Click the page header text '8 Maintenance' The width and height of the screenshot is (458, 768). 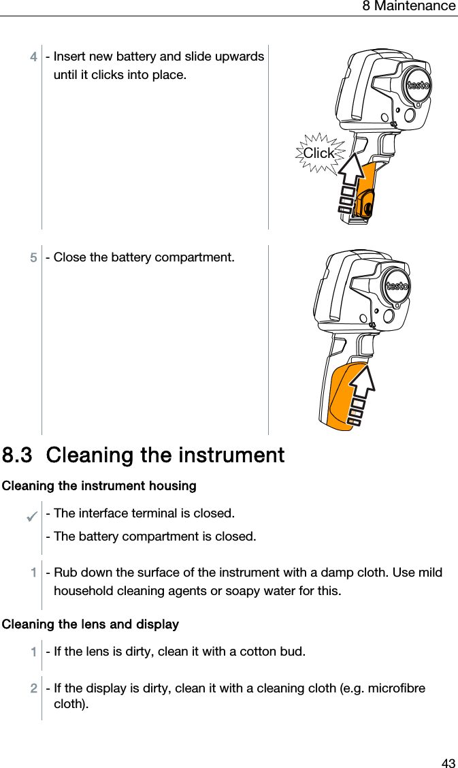pyautogui.click(x=408, y=7)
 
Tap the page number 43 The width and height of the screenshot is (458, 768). pyautogui.click(x=448, y=763)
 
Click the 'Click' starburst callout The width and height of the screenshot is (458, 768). pyautogui.click(x=318, y=153)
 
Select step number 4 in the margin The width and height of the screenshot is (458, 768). pyautogui.click(x=33, y=57)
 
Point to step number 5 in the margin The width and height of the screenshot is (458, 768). pyautogui.click(x=33, y=258)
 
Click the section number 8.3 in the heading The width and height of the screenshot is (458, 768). pyautogui.click(x=18, y=455)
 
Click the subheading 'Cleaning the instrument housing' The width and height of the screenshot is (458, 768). pyautogui.click(x=99, y=486)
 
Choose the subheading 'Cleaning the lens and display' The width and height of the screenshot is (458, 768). pyautogui.click(x=91, y=624)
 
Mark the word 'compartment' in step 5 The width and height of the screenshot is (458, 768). pyautogui.click(x=194, y=258)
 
